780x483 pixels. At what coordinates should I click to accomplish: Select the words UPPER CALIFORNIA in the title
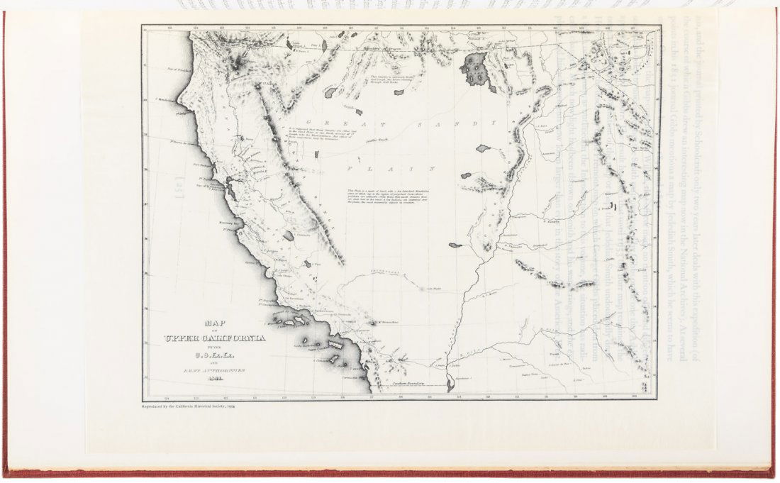(x=215, y=338)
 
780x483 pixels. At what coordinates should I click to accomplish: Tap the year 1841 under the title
(x=215, y=379)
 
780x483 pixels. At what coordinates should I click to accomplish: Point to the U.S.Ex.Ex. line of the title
(x=214, y=355)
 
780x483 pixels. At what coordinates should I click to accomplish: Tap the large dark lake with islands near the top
(x=474, y=70)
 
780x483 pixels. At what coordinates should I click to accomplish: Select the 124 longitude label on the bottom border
(x=166, y=398)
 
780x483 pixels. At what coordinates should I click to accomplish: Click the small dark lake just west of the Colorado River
(x=455, y=245)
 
